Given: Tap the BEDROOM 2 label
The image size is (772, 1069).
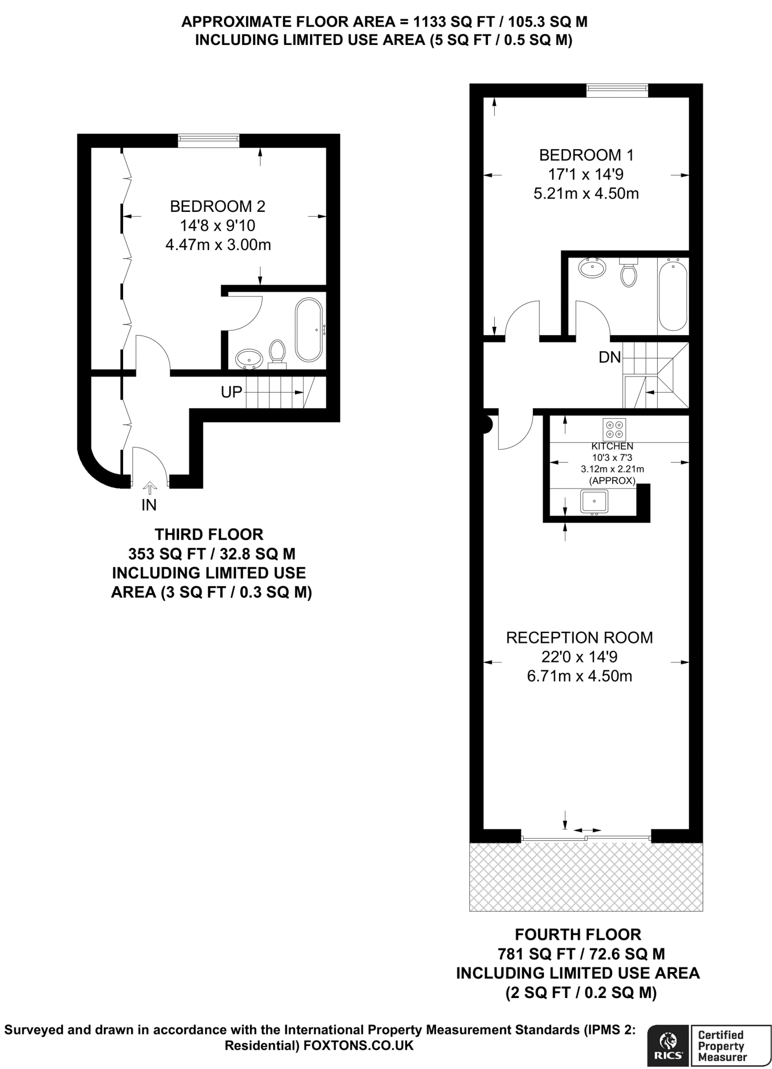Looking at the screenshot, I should (218, 206).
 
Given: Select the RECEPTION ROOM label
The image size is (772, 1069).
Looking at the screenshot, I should (579, 637).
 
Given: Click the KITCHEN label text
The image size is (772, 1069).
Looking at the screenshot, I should (612, 446).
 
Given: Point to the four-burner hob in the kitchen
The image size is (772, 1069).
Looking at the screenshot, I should (614, 429).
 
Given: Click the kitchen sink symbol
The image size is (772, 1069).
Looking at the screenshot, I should (594, 502).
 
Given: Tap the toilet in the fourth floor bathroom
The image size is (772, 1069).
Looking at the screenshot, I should (628, 273).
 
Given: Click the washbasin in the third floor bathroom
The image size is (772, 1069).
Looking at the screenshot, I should (249, 359).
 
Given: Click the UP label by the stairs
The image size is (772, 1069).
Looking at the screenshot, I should (232, 392).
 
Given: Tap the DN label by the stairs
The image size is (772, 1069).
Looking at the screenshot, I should (610, 358).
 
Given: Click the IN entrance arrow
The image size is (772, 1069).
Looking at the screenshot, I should (149, 488).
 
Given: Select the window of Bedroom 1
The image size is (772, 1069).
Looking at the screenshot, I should (617, 90).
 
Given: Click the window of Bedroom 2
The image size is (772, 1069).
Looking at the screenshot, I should (208, 138).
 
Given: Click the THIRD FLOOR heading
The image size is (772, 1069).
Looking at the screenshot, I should (209, 534).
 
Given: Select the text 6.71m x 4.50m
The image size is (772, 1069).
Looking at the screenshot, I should (579, 676).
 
